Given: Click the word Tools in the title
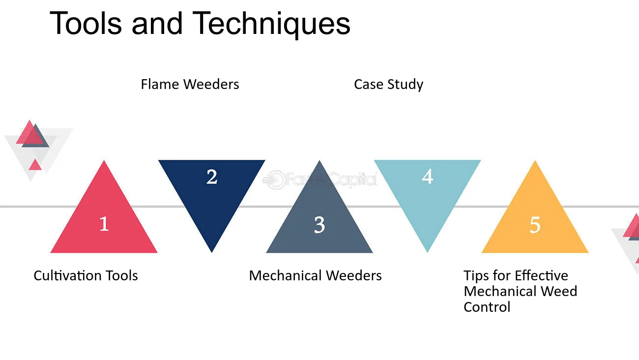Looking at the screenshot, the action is point(86,23).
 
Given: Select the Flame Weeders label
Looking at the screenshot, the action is point(190,84).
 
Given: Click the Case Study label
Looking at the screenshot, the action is point(388,85).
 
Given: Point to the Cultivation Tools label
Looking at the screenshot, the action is point(86,275).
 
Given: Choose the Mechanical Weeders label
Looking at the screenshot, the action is point(315,275).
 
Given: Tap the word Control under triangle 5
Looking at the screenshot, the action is point(487,307).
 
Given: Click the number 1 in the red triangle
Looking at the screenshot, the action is point(104,224).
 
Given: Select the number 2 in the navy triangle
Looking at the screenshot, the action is point(212,177).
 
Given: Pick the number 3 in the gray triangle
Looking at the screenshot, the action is point(319,225).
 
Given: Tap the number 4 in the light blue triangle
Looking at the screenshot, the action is point(427,177).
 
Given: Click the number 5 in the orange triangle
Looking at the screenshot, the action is point(535,225).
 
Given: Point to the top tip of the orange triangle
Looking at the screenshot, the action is point(535,161).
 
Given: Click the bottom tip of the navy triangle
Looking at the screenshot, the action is point(212,252).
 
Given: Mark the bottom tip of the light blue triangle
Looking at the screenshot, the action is point(427,252).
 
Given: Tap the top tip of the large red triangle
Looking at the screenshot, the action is point(104,161).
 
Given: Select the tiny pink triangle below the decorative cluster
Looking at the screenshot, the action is point(35,166).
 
